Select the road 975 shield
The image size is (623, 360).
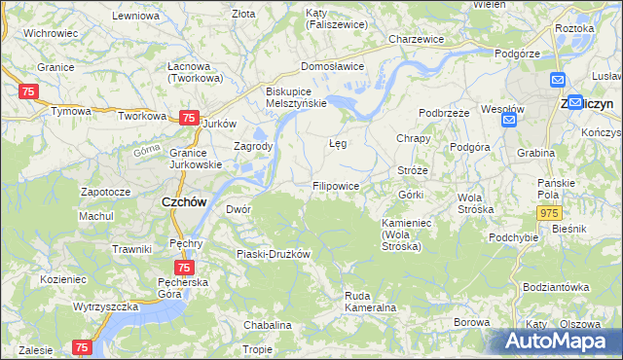click(551, 213)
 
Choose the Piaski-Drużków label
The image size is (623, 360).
click(273, 254)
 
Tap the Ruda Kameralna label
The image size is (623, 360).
click(370, 301)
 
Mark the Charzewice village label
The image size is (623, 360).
click(416, 39)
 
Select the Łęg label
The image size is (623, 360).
click(338, 142)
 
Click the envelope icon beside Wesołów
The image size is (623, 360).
click(507, 120)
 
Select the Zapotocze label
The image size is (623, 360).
click(105, 192)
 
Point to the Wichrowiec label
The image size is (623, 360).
click(51, 33)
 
